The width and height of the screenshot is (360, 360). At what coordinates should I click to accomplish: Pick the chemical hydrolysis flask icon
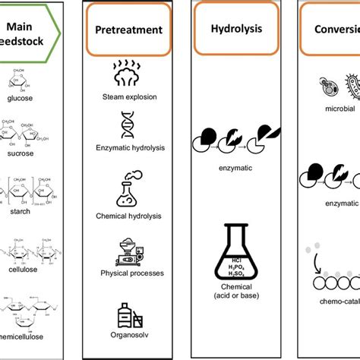point(128,191)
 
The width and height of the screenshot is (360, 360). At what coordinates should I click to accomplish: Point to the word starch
point(22,225)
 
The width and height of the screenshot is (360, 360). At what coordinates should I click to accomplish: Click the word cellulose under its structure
point(22,285)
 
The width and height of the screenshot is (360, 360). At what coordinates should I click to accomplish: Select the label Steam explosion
point(128,96)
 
